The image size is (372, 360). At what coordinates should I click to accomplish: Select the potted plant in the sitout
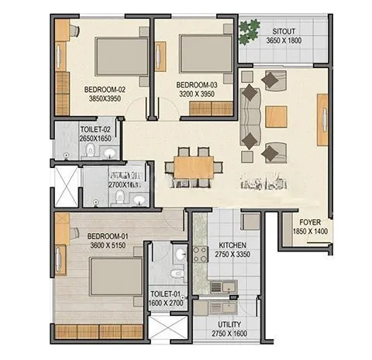coord(248,32)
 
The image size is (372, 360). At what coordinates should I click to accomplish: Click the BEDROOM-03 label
coord(196,84)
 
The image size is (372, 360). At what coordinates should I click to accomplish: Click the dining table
coord(194,166)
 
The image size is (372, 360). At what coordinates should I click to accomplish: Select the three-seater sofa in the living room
coord(250,117)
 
